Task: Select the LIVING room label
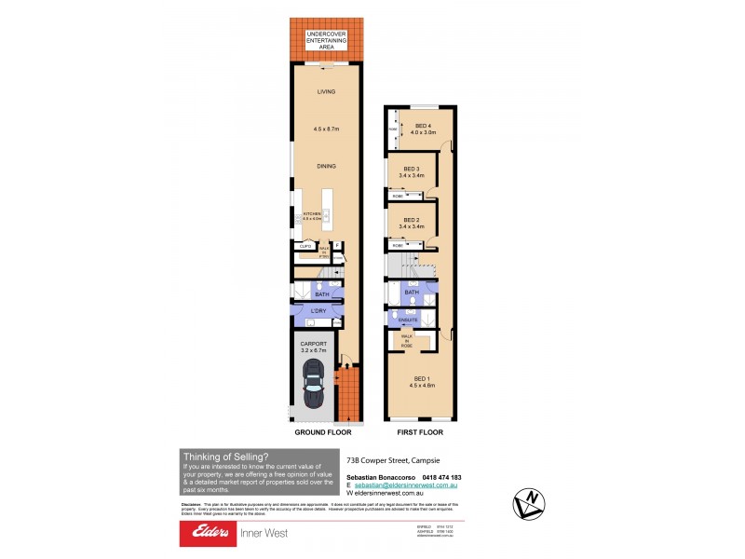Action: point(326,92)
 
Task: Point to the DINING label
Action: point(326,166)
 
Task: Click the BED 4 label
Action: point(424,126)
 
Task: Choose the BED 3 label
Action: point(411,169)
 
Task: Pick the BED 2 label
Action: point(411,220)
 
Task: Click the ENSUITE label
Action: point(407,320)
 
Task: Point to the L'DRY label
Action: point(318,308)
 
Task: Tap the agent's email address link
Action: point(412,486)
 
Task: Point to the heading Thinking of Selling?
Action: point(224,457)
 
